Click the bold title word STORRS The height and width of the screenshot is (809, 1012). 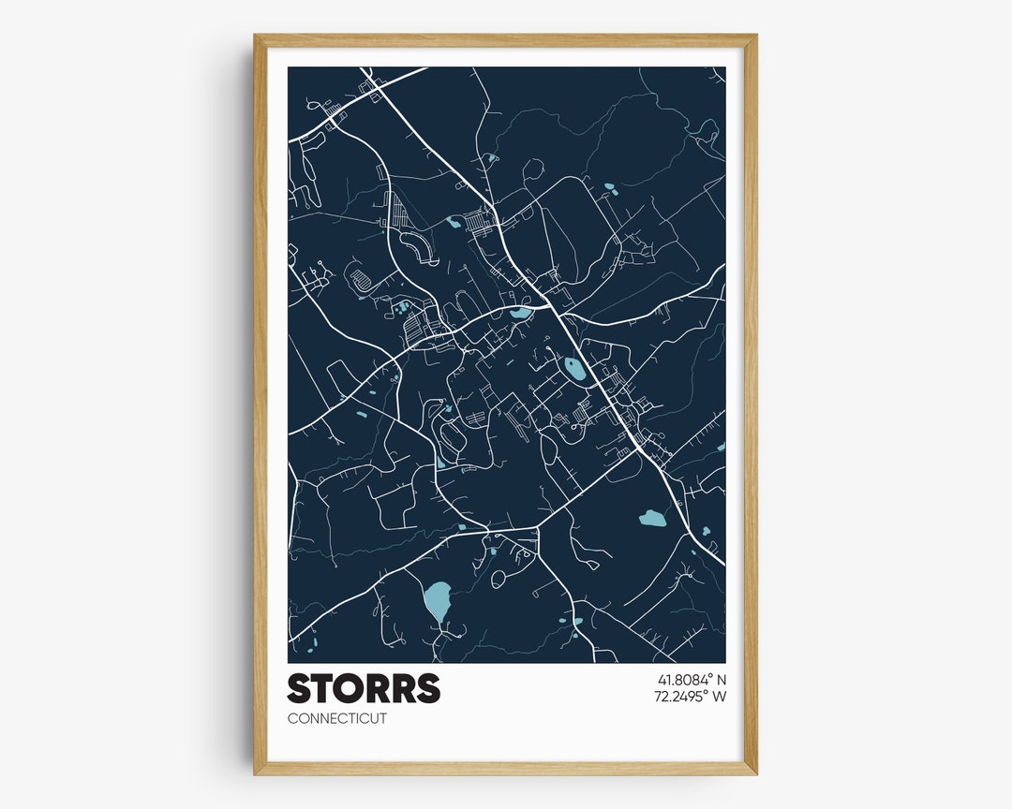coord(364,688)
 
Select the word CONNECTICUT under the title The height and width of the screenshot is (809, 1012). coord(336,719)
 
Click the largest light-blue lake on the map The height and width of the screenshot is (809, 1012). coord(438,601)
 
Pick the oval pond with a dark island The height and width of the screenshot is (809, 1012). coord(574,369)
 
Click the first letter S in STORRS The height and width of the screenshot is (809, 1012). coord(300,688)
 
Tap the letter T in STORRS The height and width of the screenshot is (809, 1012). coord(323,688)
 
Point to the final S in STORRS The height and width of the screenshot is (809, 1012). coord(427,688)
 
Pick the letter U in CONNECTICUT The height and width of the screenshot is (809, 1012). coord(373,719)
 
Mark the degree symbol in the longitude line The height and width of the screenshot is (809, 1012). coord(705,692)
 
